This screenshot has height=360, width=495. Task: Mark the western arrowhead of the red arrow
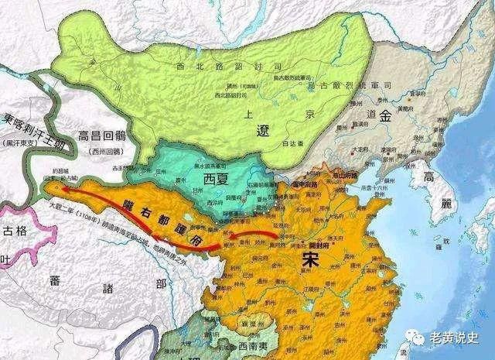click(52, 187)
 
